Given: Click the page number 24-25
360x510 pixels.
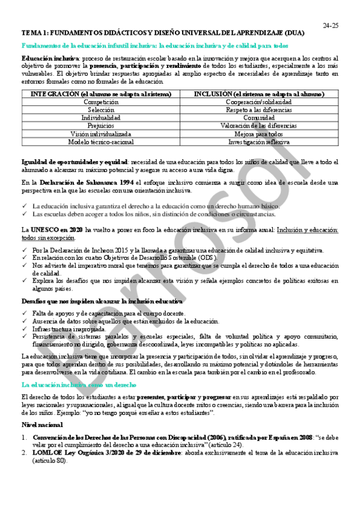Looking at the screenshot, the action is click(x=331, y=25).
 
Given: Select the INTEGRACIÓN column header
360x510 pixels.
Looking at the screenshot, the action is click(x=97, y=94).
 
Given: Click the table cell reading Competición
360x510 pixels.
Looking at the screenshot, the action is click(x=97, y=102).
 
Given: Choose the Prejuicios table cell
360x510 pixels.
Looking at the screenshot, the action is click(x=97, y=126).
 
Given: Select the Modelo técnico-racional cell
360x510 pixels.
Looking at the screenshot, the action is click(x=97, y=143).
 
